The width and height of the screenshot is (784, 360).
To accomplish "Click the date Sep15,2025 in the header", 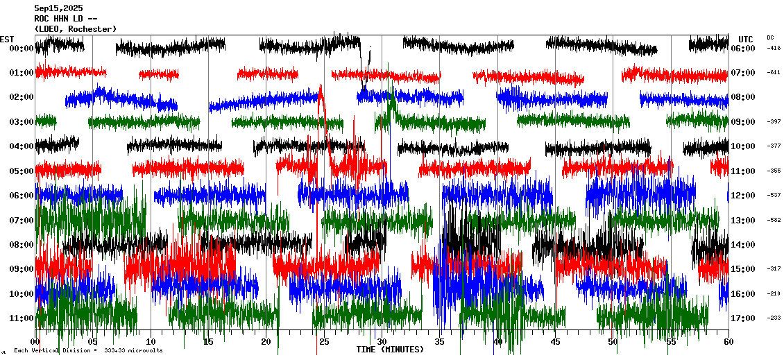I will click(58, 8).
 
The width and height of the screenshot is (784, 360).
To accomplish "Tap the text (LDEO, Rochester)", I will click(75, 28).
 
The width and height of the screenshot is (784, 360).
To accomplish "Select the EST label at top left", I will click(7, 39).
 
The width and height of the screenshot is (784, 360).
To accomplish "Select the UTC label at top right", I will click(746, 39).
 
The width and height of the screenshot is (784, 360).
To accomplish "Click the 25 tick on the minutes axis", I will click(323, 342).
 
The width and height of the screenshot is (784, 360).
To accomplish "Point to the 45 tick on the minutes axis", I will click(554, 342).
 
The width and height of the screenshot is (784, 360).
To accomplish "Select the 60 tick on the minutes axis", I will click(728, 342).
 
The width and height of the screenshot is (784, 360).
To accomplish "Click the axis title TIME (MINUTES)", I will click(390, 350).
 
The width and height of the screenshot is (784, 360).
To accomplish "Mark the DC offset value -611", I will click(774, 73).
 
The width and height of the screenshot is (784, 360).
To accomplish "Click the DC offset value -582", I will click(774, 221).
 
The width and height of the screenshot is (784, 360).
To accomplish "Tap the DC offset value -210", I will click(774, 294).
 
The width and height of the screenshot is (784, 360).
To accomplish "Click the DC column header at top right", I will click(770, 37).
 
